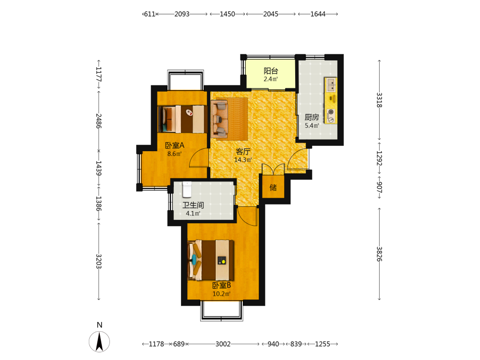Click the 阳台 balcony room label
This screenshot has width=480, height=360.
pos(271,71)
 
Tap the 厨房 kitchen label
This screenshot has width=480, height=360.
pos(312,117)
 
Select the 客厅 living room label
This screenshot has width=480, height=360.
pos(243,152)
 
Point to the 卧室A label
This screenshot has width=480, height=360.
pos(175,145)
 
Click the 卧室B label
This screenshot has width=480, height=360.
pos(222,286)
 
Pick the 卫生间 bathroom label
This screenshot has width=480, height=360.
pos(193,205)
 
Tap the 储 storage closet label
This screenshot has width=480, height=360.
pos(273,187)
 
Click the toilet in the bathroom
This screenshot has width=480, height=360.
pos(187,189)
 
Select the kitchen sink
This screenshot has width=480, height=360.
pos(331,85)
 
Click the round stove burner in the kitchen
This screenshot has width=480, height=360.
pos(331,112)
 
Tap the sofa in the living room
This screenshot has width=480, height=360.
pos(219,119)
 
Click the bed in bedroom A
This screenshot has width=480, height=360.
pos(181,119)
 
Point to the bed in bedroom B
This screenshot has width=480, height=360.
pos(211,260)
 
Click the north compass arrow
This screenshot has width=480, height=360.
pos(99,342)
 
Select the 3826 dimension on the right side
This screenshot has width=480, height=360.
pos(379,254)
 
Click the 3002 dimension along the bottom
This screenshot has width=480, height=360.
pos(223,344)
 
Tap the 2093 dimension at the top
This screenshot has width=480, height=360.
pos(182,14)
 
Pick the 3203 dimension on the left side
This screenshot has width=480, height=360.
pos(98,262)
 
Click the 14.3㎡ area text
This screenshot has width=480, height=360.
pos(243,160)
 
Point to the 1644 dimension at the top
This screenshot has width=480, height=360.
pos(318,14)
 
